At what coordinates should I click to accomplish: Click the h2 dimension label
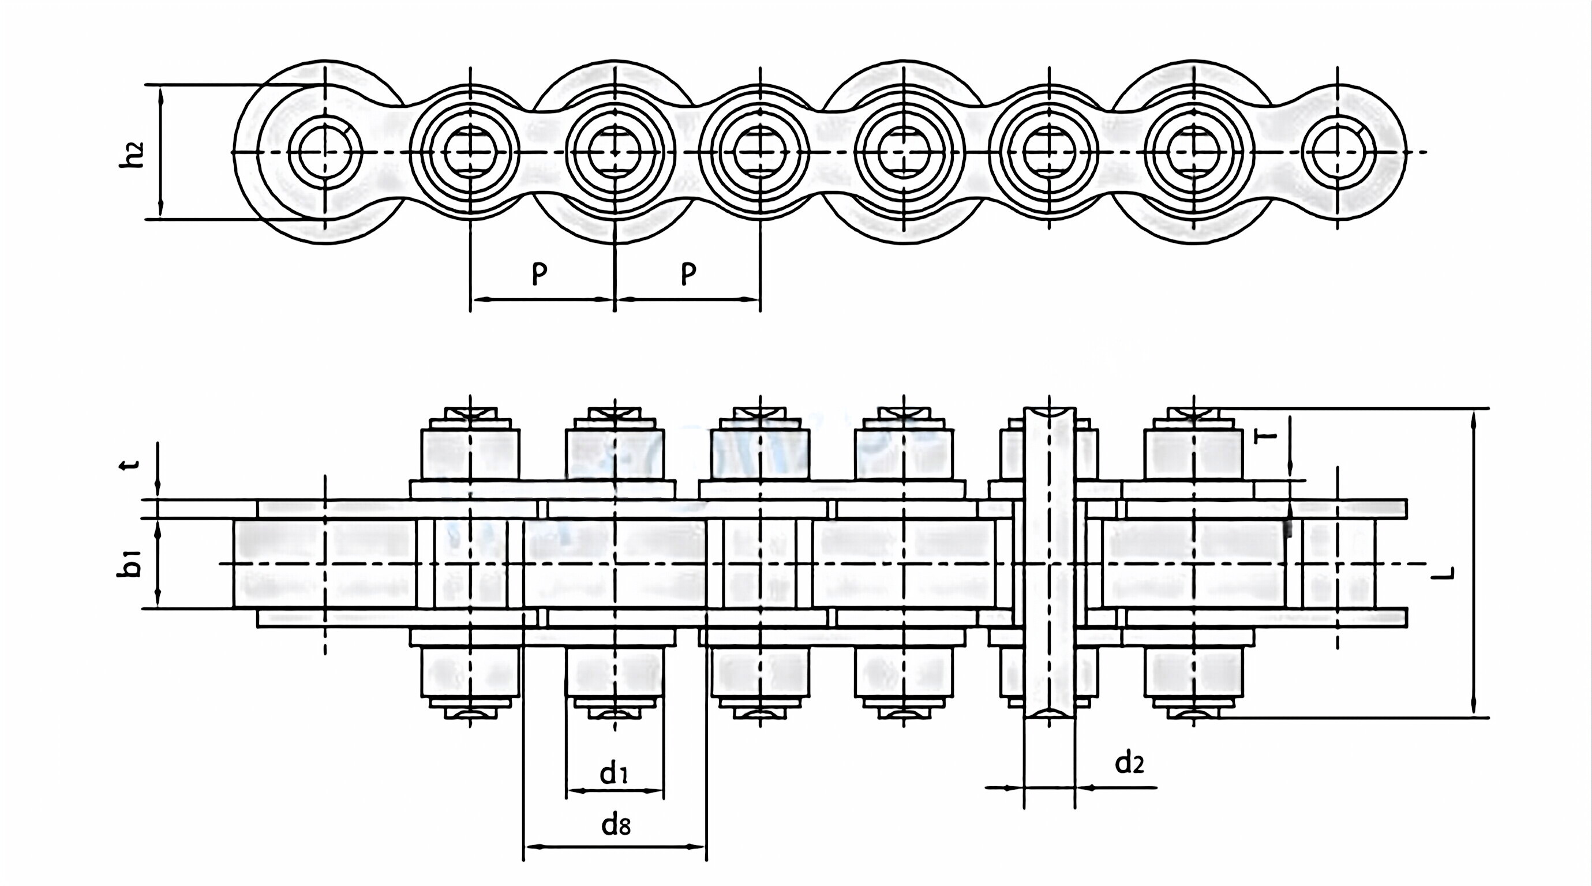(132, 155)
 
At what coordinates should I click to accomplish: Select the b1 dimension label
(129, 564)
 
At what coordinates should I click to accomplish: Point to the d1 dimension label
(614, 773)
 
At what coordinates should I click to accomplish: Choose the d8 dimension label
(616, 824)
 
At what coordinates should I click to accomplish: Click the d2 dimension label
(1129, 764)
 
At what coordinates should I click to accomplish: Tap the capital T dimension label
(1267, 437)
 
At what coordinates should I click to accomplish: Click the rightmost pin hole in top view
(1338, 151)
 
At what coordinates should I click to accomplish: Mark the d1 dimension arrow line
(615, 790)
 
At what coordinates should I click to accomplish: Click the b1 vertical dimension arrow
(158, 564)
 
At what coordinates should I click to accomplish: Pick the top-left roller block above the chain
(470, 454)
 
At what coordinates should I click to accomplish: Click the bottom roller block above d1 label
(615, 672)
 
